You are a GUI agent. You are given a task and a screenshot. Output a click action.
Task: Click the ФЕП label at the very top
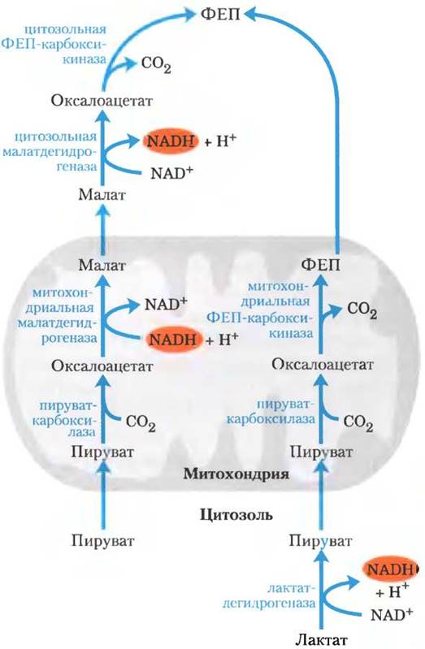[220, 15]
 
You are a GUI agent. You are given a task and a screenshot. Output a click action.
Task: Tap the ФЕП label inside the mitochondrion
[320, 265]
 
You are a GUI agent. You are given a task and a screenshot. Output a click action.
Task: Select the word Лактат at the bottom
[321, 640]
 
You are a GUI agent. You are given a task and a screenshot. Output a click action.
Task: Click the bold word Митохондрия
[236, 473]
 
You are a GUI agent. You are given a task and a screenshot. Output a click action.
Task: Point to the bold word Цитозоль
[236, 515]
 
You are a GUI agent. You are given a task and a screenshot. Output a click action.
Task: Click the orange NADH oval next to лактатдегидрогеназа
[390, 569]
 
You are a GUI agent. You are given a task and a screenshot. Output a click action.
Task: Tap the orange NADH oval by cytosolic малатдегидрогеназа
[171, 141]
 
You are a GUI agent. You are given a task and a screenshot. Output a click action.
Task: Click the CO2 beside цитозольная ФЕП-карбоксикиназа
[156, 65]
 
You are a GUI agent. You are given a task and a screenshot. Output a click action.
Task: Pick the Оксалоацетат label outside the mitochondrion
[102, 101]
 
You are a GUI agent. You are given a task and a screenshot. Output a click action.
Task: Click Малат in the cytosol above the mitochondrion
[102, 194]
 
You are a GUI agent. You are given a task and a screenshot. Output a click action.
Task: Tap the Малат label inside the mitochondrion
[102, 265]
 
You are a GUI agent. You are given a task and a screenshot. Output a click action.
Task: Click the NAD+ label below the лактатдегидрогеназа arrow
[392, 613]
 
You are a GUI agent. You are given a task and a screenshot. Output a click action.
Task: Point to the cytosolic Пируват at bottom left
[103, 540]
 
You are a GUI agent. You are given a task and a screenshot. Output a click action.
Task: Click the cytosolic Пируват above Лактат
[321, 540]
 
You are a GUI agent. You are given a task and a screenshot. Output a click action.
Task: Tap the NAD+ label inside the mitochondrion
[166, 305]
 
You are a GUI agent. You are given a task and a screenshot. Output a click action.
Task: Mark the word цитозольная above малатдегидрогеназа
[55, 136]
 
